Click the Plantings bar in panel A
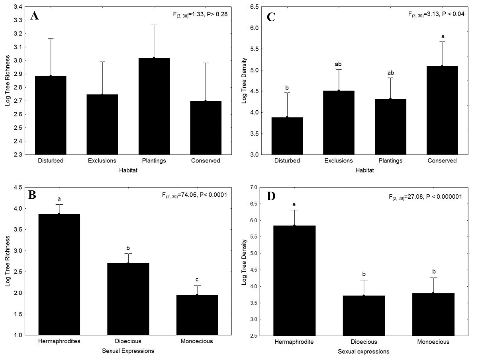[x=153, y=106]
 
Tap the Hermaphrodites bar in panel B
[x=59, y=274]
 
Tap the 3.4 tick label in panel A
[x=18, y=7]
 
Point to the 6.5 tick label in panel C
[x=253, y=7]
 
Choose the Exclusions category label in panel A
[x=102, y=161]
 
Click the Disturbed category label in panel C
[x=287, y=161]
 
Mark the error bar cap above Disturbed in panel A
[x=51, y=38]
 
